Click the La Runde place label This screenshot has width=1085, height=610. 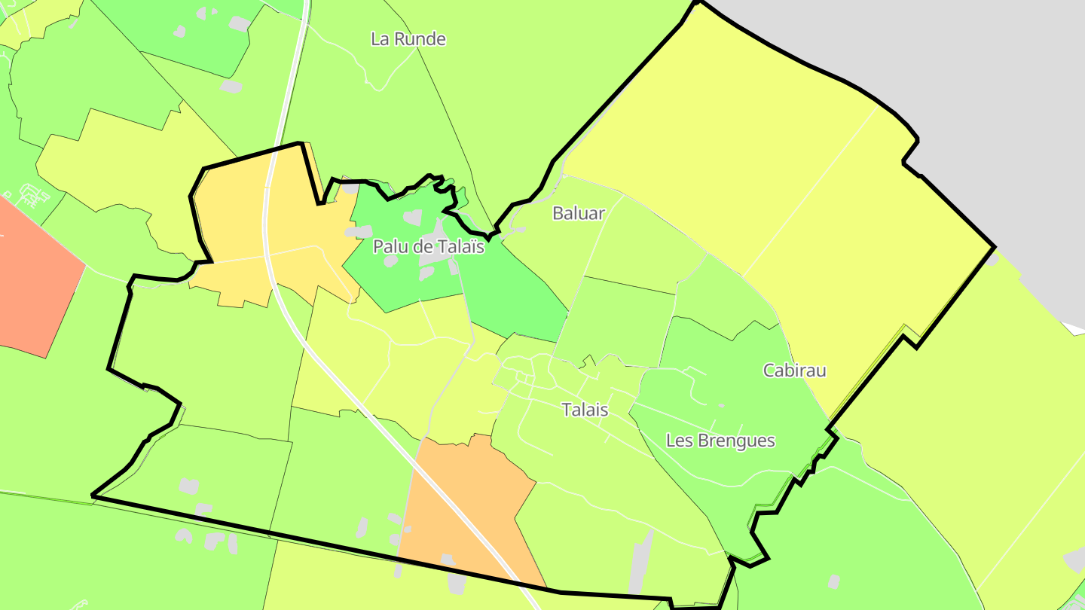[408, 39]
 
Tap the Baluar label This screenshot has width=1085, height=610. [579, 213]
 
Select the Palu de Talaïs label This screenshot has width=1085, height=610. [428, 246]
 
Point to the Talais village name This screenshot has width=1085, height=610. [585, 410]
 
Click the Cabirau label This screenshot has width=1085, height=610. [794, 371]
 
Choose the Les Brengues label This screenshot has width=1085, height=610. [720, 441]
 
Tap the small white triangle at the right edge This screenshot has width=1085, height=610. [1073, 328]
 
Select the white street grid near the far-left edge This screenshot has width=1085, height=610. [30, 196]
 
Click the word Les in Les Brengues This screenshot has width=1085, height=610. [677, 441]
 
